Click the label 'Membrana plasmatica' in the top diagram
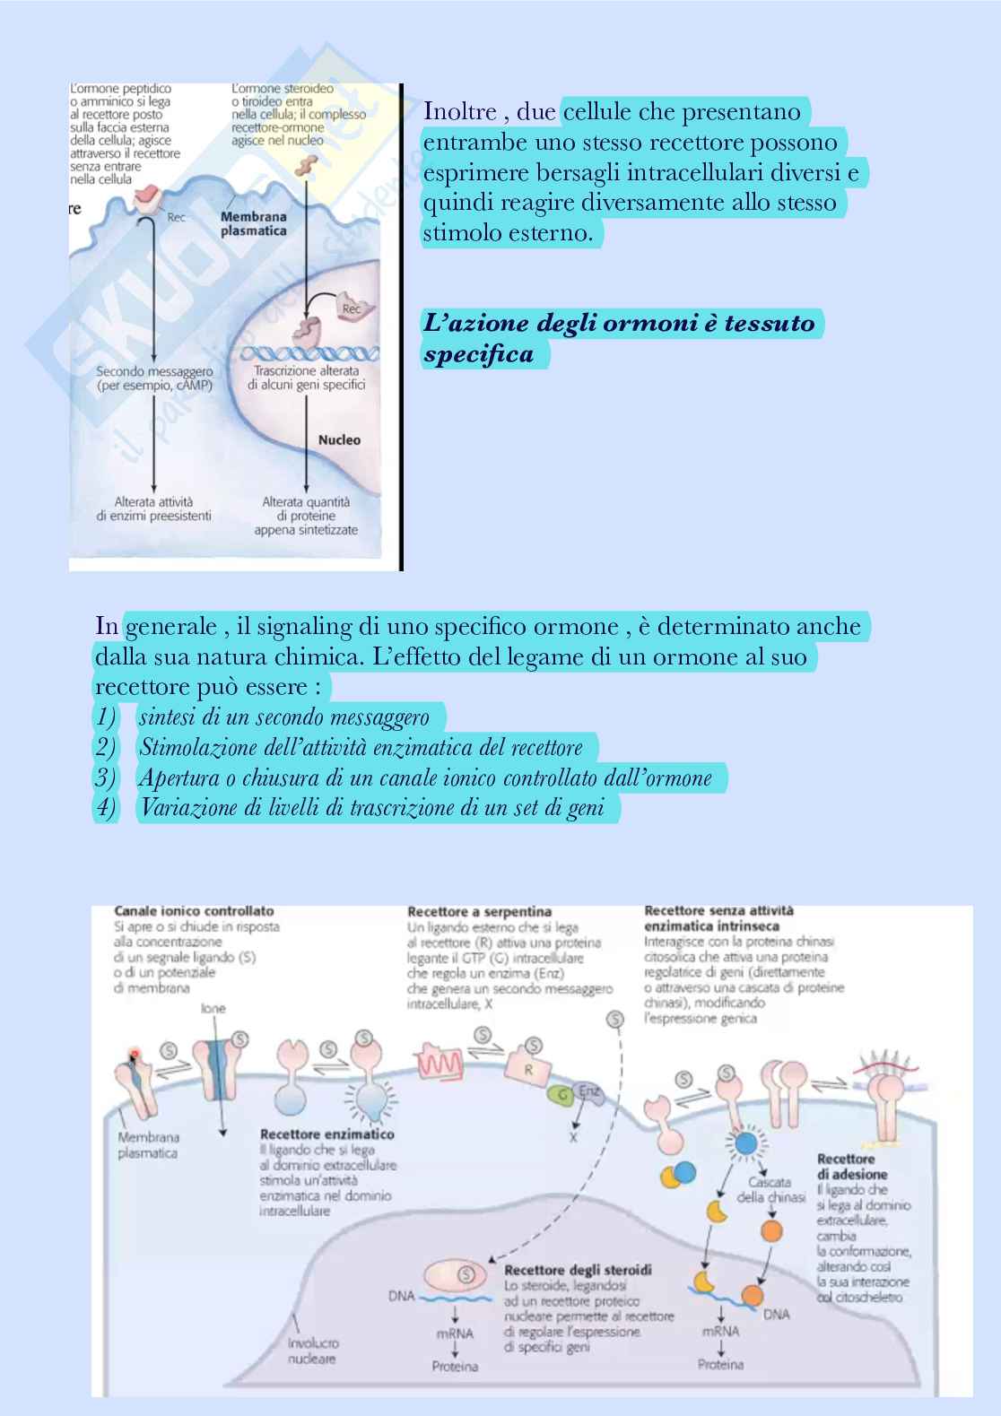254,223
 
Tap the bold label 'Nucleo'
339,439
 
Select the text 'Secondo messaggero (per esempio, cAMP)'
155,378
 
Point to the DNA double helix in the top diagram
309,354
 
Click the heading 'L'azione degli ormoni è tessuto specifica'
618,337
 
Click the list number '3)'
106,777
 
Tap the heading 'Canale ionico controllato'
194,911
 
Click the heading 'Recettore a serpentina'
479,912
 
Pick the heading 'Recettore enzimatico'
326,1134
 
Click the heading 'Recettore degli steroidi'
578,1270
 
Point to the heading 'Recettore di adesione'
851,1167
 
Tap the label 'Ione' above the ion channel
213,1009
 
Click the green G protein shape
562,1095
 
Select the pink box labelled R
527,1069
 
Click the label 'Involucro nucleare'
313,1351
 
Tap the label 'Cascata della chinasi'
770,1189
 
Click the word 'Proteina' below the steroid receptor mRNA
455,1367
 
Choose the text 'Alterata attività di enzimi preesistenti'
154,508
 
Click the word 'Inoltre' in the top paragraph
459,112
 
